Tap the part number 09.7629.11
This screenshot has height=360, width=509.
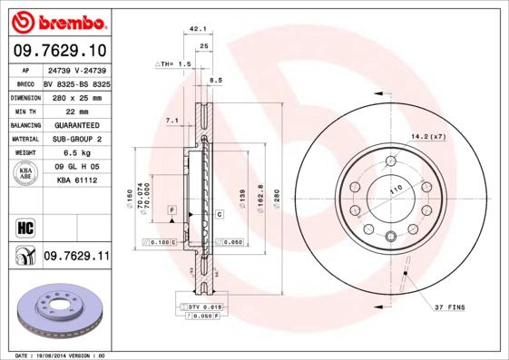[76, 257]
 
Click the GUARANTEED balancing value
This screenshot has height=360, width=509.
[76, 124]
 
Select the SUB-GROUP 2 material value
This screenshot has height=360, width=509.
[76, 139]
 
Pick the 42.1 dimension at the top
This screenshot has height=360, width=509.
[194, 29]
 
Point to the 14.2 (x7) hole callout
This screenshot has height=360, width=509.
[428, 136]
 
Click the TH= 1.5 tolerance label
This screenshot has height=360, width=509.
[173, 64]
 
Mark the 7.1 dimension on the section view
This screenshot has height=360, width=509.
[171, 120]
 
